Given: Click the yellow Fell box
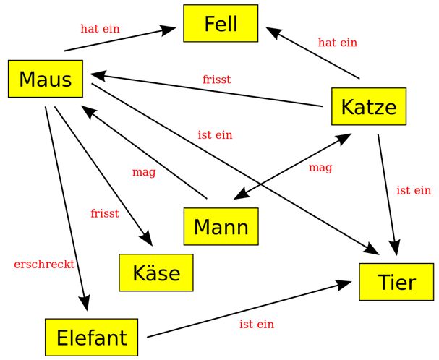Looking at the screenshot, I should (x=221, y=24).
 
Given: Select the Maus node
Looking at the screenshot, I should (x=46, y=79).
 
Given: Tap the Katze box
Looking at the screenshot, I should (x=369, y=107).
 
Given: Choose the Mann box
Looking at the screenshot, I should (x=221, y=226).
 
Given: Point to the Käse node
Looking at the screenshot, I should (x=156, y=273).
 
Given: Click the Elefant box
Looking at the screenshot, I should (x=91, y=337).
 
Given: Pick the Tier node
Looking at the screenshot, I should (x=396, y=281).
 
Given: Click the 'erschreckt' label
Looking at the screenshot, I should (x=44, y=265).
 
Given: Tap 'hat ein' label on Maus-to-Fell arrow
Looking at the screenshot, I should (x=100, y=29).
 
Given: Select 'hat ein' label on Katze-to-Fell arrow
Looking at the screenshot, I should (x=338, y=43).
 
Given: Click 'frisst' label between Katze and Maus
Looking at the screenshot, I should (x=217, y=80).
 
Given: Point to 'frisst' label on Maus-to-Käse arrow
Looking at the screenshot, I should (x=105, y=213).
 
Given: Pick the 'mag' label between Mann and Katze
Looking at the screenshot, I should (x=320, y=168).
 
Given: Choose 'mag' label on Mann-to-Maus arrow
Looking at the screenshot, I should (x=144, y=172).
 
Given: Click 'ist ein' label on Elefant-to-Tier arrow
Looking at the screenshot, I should (x=257, y=325).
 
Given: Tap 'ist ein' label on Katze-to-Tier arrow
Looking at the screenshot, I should (x=414, y=191).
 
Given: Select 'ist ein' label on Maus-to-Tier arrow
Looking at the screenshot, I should (x=215, y=135).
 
